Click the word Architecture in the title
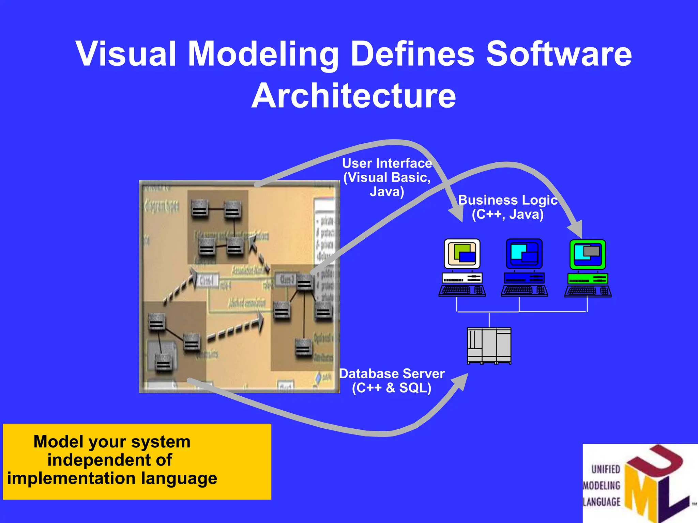coord(353,96)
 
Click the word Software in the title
coord(559,54)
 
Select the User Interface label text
coord(387,163)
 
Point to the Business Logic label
coord(507,200)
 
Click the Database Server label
coord(392,374)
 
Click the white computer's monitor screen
coord(462,253)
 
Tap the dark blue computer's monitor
coord(524,253)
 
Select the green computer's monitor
coord(588,254)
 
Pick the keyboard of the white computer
coord(462,290)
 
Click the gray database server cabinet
coord(489,346)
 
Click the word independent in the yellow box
coord(110,460)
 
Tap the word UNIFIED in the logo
coord(606,469)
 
